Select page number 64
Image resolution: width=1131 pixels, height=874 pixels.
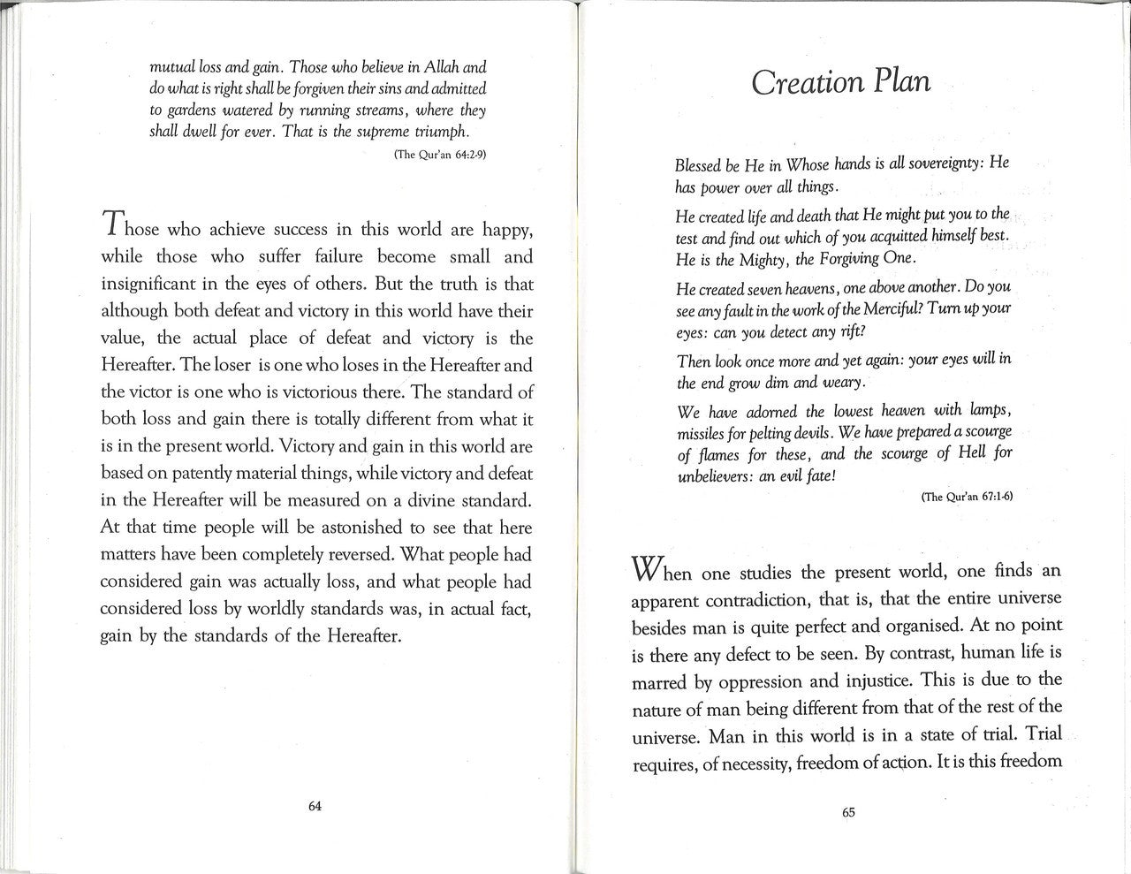click(x=314, y=805)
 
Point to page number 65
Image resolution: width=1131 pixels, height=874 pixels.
click(x=849, y=814)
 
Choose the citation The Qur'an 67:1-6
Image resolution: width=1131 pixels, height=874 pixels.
click(x=967, y=497)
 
